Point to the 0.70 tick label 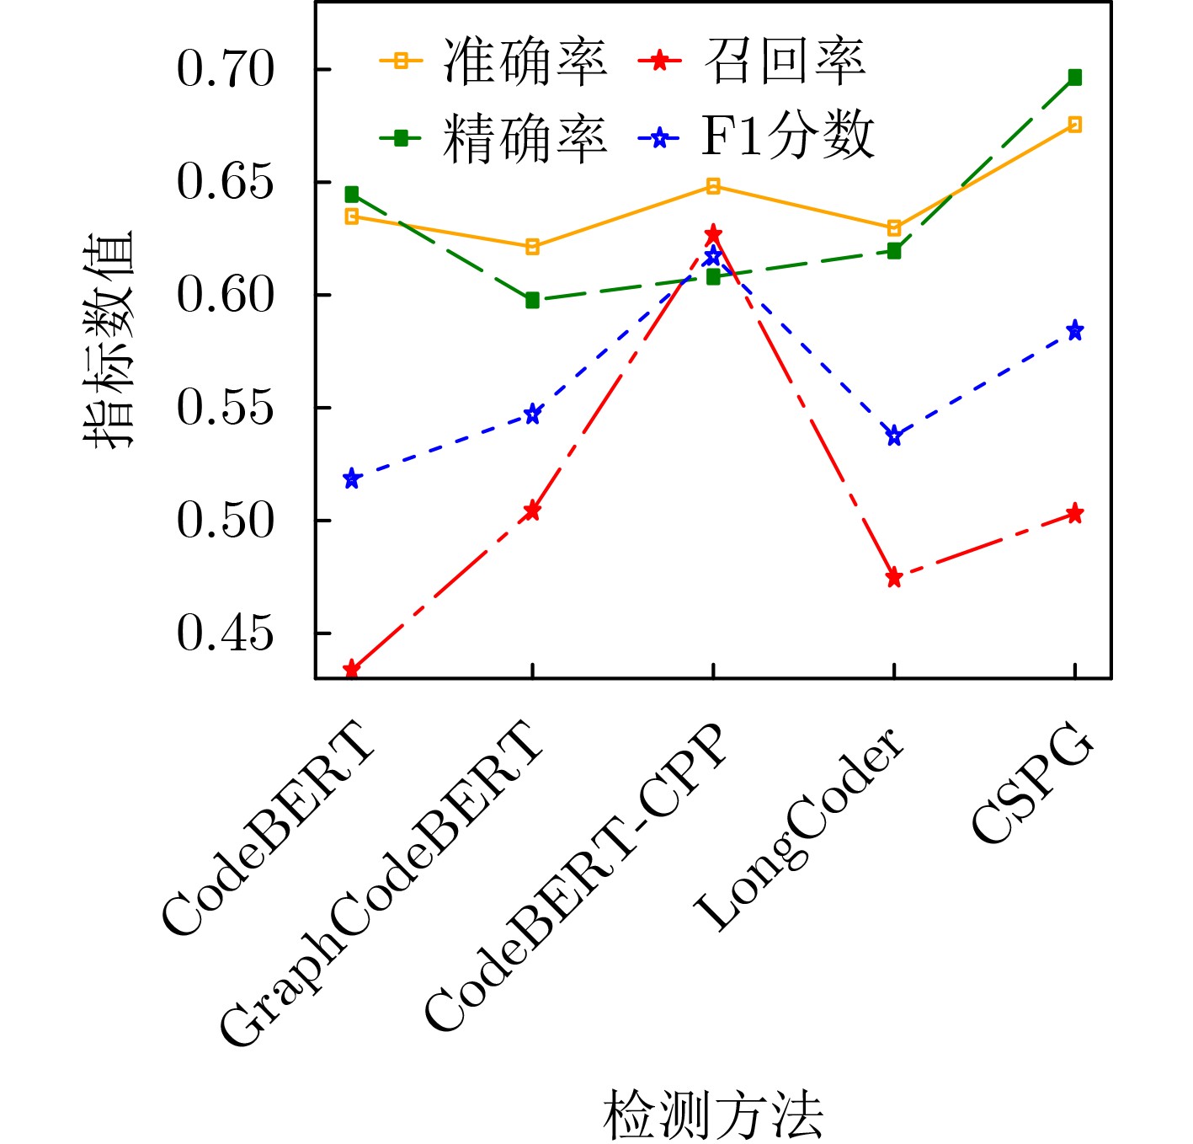(x=226, y=70)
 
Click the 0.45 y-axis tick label (x=226, y=633)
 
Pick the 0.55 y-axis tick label (x=226, y=409)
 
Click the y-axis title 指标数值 (x=109, y=339)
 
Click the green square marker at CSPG (x=1074, y=78)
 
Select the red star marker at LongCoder (x=894, y=578)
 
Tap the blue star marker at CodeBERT (x=352, y=479)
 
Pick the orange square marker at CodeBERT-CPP (x=713, y=186)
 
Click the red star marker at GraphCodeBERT (x=532, y=511)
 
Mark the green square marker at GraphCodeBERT (x=532, y=301)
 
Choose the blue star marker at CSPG (x=1074, y=330)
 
